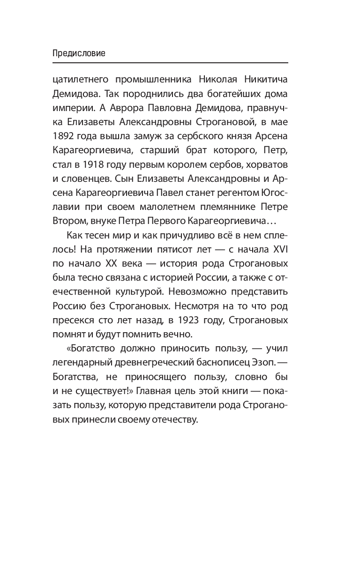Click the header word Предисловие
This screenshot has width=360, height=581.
click(x=79, y=53)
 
